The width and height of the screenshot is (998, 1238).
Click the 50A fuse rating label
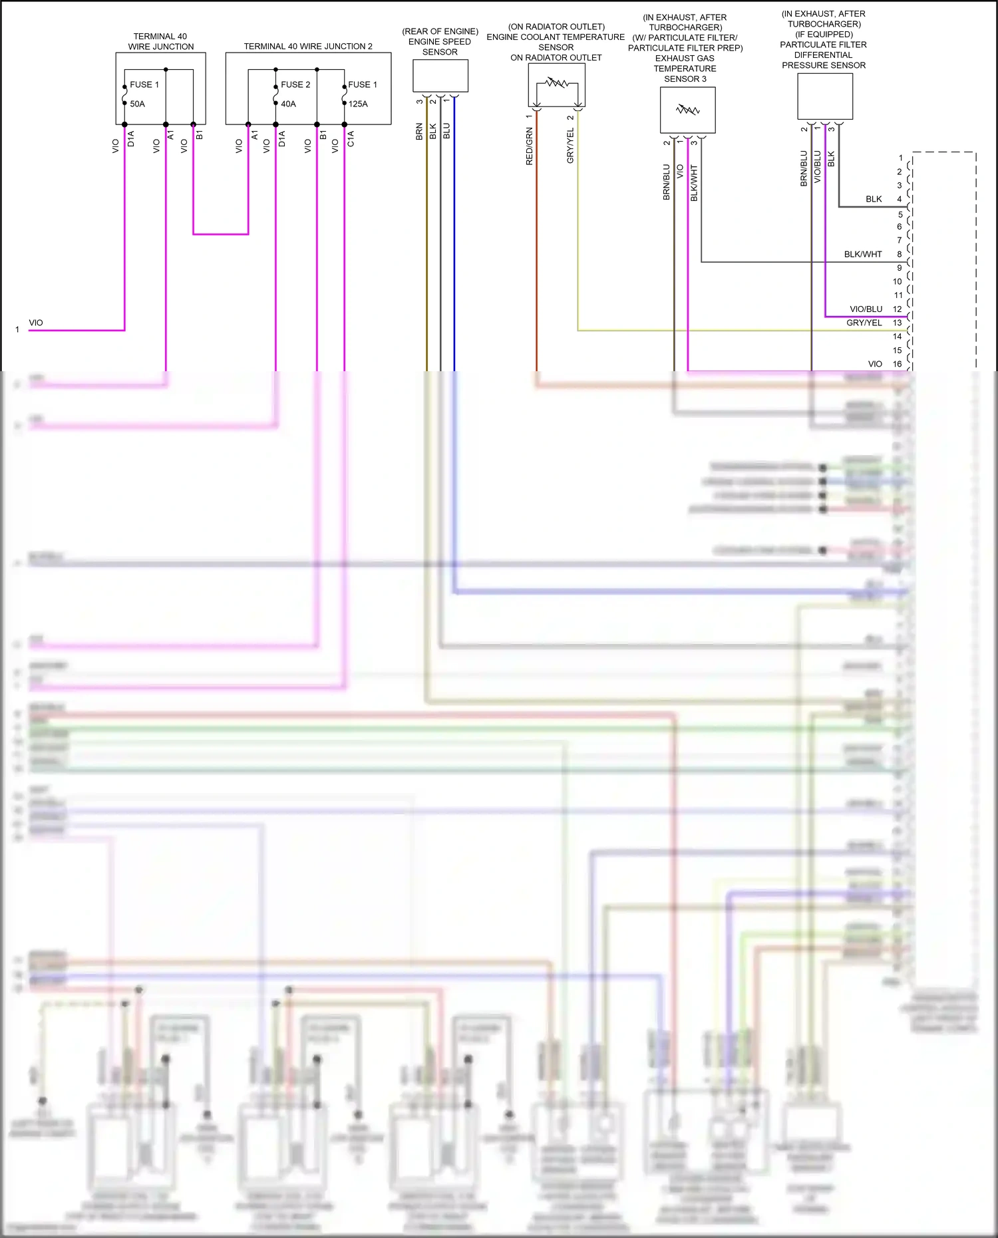pos(137,104)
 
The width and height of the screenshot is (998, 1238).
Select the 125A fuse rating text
pos(358,104)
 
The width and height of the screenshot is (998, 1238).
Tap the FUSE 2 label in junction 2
pos(295,84)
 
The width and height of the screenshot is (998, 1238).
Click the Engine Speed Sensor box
pos(440,76)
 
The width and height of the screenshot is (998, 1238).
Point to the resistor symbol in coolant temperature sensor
pos(557,83)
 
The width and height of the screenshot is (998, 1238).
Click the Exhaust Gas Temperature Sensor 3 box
pos(687,110)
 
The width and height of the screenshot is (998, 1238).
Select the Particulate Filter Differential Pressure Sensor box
pos(825,96)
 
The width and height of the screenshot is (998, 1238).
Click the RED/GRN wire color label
pos(530,147)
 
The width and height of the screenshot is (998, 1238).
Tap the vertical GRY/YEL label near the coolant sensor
pos(570,146)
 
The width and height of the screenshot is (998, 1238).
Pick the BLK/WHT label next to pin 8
pos(863,254)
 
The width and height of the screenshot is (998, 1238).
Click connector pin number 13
pos(897,323)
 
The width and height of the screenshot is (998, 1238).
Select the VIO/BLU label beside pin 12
pos(866,309)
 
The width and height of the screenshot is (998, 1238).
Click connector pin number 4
pos(899,199)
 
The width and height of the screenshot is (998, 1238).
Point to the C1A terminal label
pos(351,138)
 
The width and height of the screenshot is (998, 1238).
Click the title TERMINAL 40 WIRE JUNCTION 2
pos(308,46)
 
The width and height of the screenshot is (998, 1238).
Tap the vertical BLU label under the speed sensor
pos(446,130)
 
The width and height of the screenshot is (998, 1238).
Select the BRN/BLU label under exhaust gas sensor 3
pos(667,182)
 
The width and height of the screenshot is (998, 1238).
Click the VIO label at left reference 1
pos(36,323)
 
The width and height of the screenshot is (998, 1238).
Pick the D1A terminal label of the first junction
pos(131,138)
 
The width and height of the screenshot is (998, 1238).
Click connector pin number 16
pos(897,364)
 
